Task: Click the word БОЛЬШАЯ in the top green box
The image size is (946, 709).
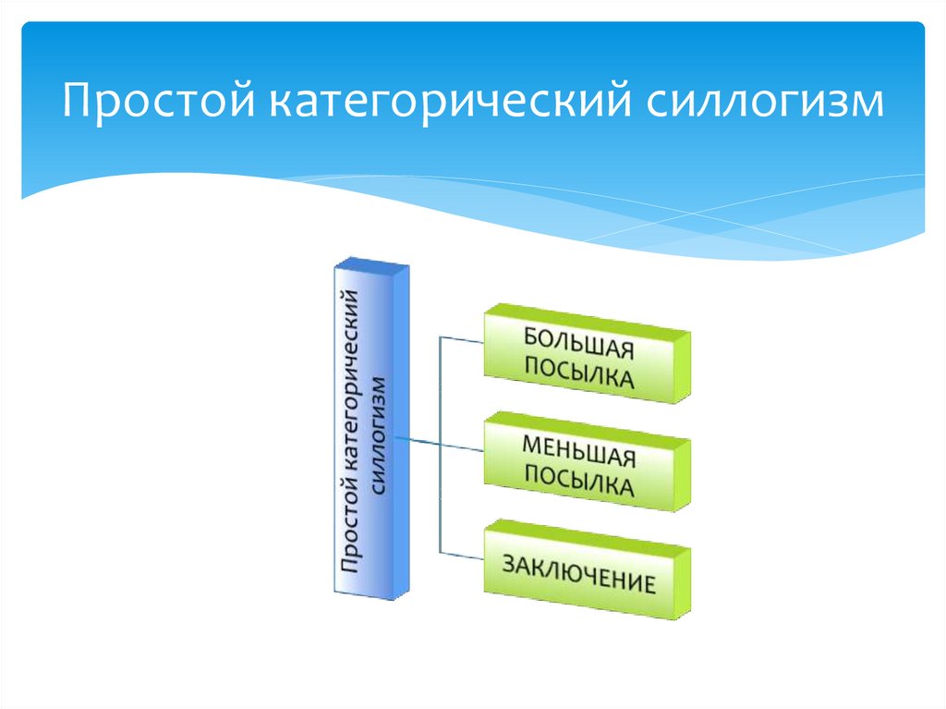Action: pyautogui.click(x=579, y=343)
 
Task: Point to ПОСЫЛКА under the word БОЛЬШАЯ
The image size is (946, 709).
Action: pyautogui.click(x=579, y=374)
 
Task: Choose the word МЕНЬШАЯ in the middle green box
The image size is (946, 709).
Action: pyautogui.click(x=579, y=450)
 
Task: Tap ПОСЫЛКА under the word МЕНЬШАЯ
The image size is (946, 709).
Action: pyautogui.click(x=579, y=483)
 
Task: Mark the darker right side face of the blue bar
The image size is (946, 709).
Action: pyautogui.click(x=401, y=434)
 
